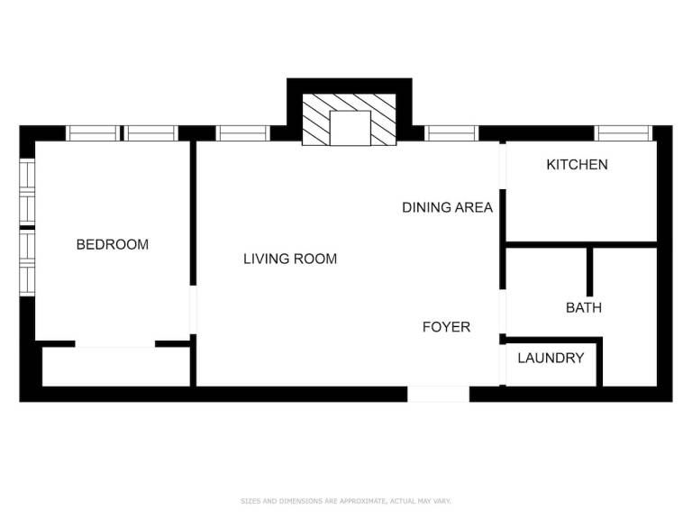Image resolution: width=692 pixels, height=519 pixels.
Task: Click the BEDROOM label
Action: click(113, 244)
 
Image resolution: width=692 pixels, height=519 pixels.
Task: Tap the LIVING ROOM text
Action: click(290, 259)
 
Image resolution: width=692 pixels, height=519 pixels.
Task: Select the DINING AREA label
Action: click(447, 207)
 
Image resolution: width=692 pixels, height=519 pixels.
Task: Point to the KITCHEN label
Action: click(577, 165)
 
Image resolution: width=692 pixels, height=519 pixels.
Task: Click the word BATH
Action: click(584, 307)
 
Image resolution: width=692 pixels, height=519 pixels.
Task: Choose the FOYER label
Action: click(446, 327)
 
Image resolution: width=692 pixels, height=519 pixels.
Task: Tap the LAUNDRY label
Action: click(551, 358)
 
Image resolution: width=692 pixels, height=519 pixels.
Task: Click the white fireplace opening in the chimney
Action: click(350, 128)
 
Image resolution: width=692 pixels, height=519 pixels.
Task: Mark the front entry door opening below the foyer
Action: click(438, 394)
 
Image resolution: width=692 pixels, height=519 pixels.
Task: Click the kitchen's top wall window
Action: click(624, 133)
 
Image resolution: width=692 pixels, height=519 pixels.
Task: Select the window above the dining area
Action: click(451, 133)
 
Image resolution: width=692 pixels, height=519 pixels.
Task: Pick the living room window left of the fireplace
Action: click(242, 133)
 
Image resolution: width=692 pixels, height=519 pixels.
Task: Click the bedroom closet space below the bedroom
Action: click(116, 367)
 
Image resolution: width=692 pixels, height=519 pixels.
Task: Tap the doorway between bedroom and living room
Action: click(193, 310)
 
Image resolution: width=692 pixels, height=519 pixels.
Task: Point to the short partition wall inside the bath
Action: click(589, 272)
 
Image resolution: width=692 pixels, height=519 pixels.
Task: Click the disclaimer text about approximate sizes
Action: click(346, 501)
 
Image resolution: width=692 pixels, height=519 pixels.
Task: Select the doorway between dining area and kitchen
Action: click(502, 166)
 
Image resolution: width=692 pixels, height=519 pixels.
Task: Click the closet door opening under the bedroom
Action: click(115, 344)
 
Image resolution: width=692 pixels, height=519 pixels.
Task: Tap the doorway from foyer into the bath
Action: click(502, 312)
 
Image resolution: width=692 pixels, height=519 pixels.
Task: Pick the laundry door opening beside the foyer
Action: click(502, 365)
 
